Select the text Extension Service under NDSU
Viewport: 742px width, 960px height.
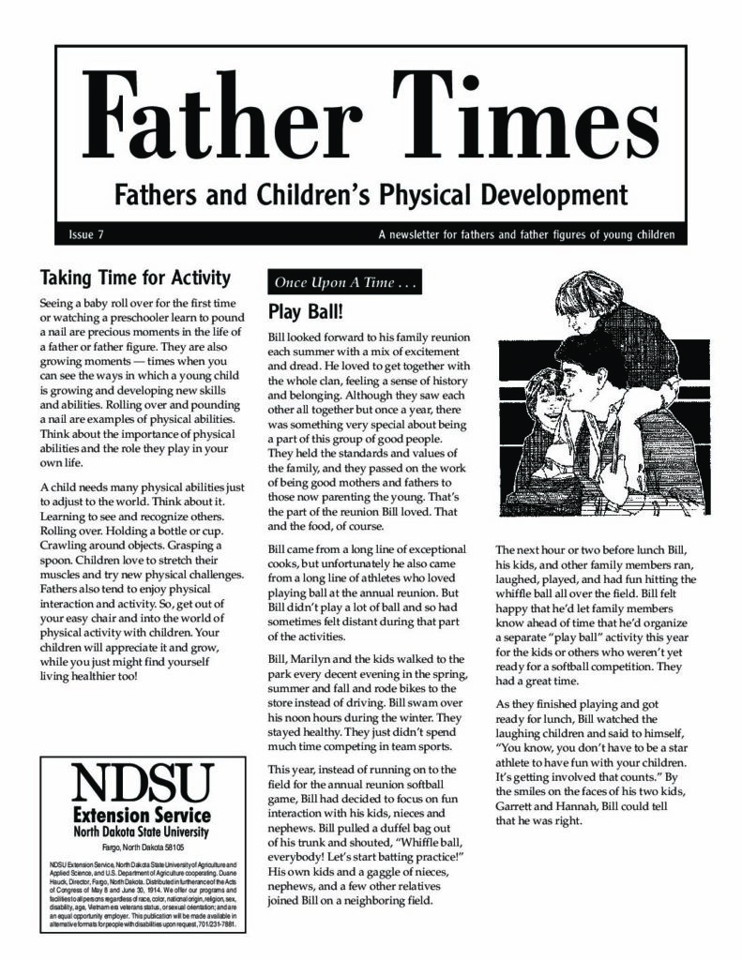point(142,815)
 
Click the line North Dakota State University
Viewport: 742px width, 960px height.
point(142,832)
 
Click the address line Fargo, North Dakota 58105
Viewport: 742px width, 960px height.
point(142,846)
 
